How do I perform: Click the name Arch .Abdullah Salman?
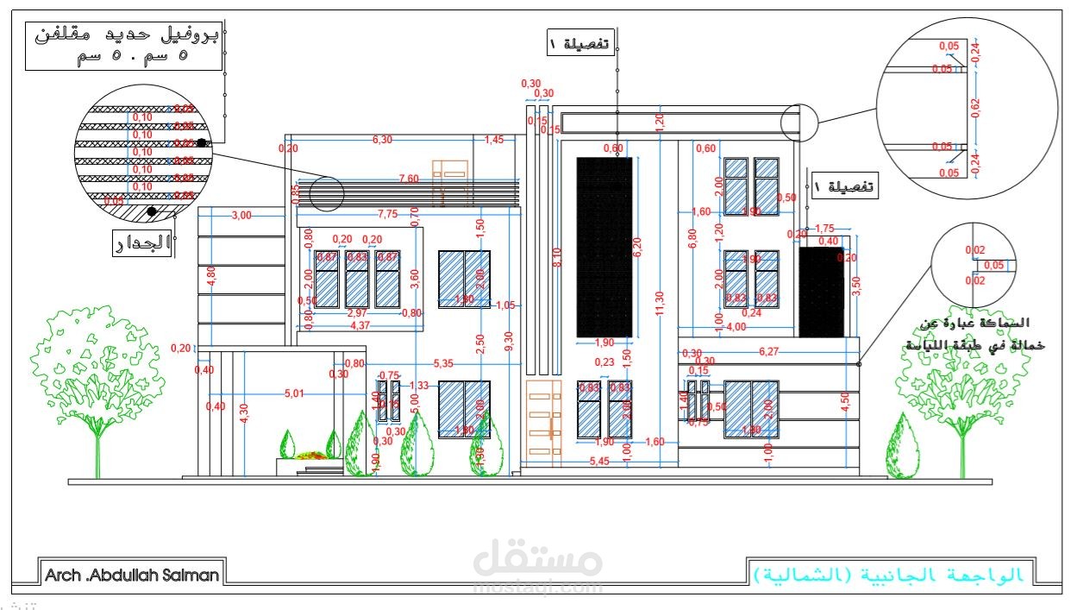coord(132,575)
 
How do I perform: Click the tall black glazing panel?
coord(604,248)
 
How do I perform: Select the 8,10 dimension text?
coord(557,257)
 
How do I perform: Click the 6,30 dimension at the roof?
coord(382,140)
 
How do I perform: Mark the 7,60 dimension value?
coord(408,179)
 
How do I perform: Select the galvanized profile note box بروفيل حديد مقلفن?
coord(123,47)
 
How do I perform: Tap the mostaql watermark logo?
coord(538,565)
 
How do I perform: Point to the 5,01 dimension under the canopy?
coord(295,394)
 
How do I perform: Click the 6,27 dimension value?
coord(770,352)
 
